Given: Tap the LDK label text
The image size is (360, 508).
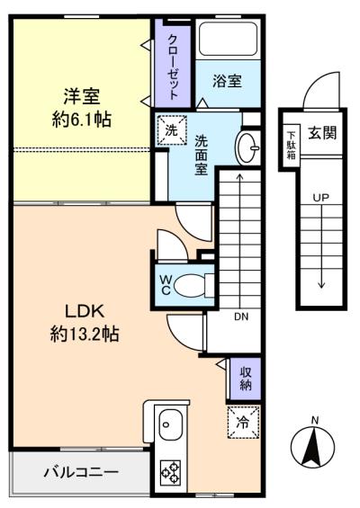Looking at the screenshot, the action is (x=85, y=311).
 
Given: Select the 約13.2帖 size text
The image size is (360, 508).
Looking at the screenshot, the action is (x=85, y=334).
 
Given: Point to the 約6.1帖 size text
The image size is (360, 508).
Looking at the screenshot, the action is (x=82, y=120).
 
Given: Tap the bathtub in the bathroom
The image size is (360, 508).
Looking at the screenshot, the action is (x=229, y=39).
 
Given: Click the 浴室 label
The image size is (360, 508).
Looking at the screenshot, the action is (x=228, y=81).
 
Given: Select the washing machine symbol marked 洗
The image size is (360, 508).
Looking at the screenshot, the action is (x=172, y=129).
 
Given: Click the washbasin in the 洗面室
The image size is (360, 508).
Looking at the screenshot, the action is (x=247, y=148).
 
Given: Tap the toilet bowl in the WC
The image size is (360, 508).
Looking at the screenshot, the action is (x=189, y=286).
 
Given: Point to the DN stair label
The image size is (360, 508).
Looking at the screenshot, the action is (x=241, y=316).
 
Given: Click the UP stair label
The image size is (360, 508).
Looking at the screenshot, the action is (x=320, y=197).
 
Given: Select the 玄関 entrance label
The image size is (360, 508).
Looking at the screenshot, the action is (x=322, y=133).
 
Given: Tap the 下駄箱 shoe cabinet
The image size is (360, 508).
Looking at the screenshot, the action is (x=292, y=145).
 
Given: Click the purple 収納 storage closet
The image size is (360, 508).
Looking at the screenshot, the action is (x=246, y=379).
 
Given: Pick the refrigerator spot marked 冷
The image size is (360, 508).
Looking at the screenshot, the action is (x=243, y=423).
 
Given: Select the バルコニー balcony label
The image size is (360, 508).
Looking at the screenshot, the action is (x=81, y=472).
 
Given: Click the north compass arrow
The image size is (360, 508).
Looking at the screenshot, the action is (x=313, y=447).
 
